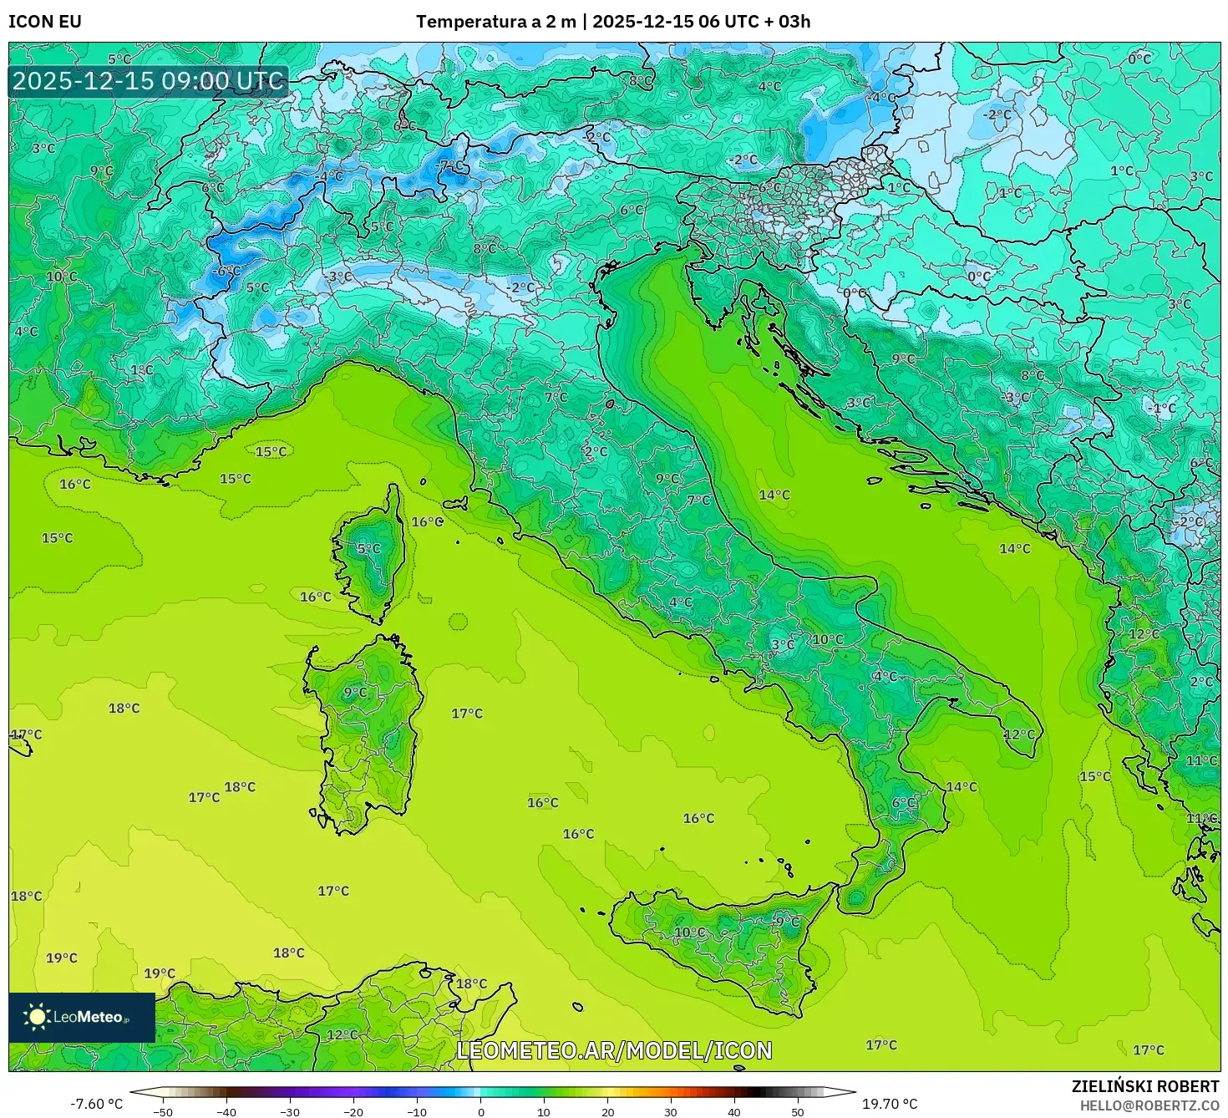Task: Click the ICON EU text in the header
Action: click(x=45, y=22)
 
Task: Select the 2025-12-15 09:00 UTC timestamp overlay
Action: click(x=149, y=81)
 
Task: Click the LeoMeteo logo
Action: click(x=82, y=1017)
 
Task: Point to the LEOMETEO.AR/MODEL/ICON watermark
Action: click(x=614, y=1050)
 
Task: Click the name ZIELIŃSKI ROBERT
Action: click(x=1145, y=1086)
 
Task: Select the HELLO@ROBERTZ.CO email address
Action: click(x=1149, y=1105)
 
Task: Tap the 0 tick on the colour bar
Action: click(x=480, y=1111)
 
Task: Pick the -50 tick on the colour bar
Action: click(x=163, y=1111)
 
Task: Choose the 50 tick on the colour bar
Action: click(x=798, y=1111)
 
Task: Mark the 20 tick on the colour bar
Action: click(x=607, y=1111)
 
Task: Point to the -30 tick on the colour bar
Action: click(x=290, y=1111)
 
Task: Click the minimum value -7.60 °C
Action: click(x=96, y=1104)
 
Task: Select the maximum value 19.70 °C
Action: click(x=890, y=1104)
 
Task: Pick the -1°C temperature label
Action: click(x=1162, y=409)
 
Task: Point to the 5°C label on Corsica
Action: click(x=368, y=549)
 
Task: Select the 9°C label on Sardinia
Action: click(x=355, y=692)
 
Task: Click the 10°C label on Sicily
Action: click(x=689, y=933)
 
